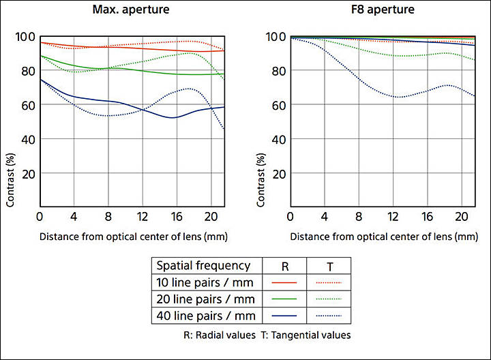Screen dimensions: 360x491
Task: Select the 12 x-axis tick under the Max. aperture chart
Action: (x=141, y=217)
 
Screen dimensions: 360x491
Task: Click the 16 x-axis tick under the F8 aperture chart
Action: (x=426, y=217)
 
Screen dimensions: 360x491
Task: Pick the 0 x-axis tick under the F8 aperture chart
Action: (x=291, y=217)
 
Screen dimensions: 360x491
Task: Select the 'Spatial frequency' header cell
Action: (x=204, y=266)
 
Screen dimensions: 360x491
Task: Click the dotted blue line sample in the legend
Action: (x=329, y=315)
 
